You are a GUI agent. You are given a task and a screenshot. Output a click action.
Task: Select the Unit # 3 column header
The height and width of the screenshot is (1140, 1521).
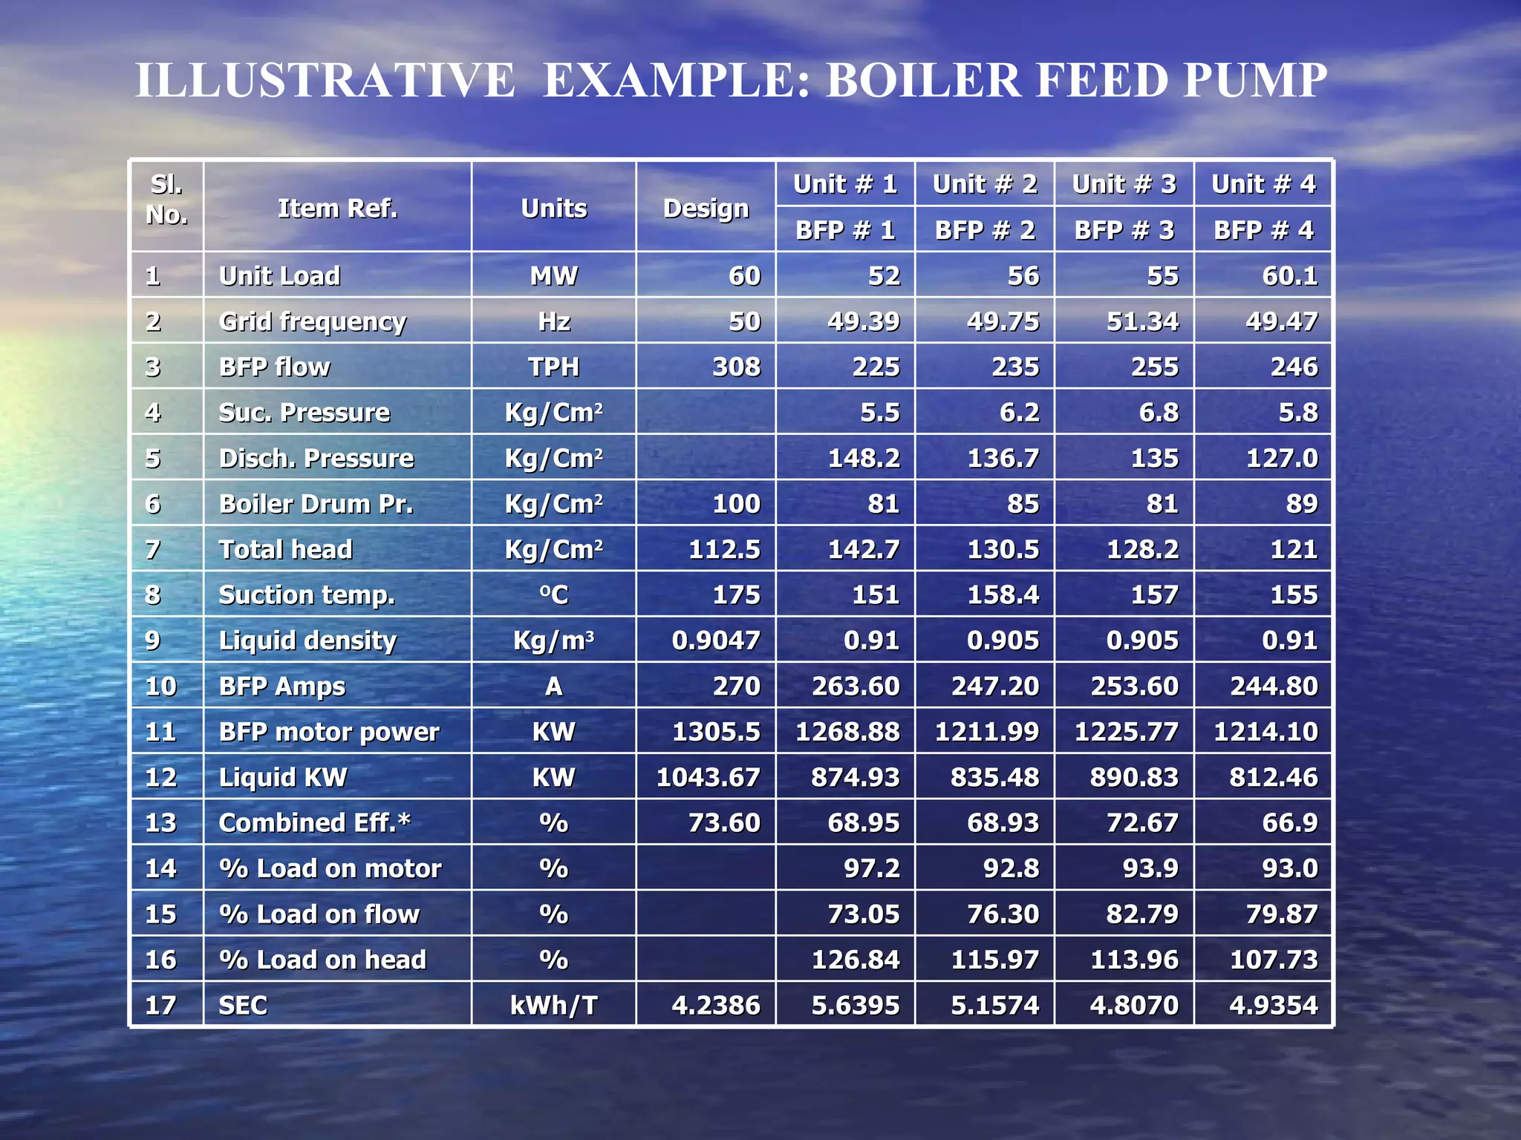click(1124, 184)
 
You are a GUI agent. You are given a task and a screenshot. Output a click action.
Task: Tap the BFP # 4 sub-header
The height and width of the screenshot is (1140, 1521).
click(1263, 230)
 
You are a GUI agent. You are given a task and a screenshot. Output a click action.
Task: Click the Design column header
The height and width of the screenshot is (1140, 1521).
click(706, 209)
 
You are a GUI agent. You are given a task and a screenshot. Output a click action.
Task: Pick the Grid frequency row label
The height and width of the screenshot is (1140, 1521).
click(313, 321)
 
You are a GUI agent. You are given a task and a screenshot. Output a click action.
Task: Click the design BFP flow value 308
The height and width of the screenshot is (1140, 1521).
click(736, 367)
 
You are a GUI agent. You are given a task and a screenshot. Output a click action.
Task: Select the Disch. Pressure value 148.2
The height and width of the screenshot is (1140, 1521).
click(863, 458)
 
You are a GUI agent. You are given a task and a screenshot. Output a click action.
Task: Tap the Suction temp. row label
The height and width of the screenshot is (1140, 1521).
click(307, 594)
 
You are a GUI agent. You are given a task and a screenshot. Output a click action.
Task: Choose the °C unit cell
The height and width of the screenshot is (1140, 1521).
click(553, 594)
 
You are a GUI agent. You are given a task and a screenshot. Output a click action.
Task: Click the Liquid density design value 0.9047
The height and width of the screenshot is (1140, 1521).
click(716, 641)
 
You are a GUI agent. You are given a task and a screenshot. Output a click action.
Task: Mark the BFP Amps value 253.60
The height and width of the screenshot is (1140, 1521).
click(1134, 686)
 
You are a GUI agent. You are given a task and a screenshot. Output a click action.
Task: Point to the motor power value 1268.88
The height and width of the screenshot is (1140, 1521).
click(847, 732)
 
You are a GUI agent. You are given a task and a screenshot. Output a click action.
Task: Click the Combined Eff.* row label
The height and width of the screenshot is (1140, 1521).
click(315, 822)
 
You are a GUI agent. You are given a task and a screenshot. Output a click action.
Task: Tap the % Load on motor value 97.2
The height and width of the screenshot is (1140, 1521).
click(871, 868)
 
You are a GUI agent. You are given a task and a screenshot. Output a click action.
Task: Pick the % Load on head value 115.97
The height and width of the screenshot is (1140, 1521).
click(994, 960)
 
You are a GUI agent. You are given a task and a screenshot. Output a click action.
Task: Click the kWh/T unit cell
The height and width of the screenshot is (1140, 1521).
click(553, 1005)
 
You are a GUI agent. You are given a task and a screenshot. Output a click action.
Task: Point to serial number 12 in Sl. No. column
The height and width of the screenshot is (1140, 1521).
click(161, 777)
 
